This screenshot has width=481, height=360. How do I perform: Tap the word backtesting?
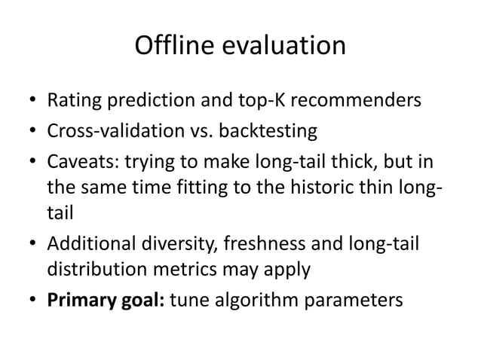265,132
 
